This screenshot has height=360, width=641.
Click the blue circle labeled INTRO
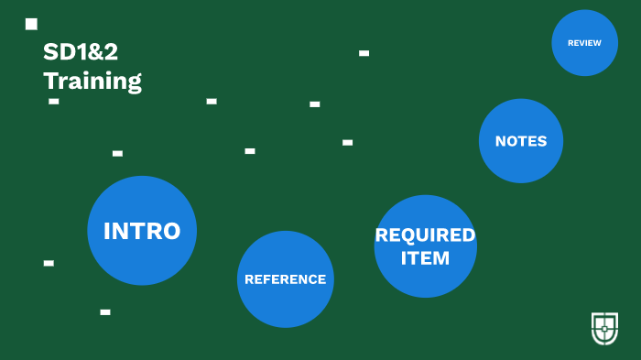[x=142, y=230]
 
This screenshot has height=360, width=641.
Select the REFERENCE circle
[x=285, y=279]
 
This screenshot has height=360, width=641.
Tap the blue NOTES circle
[x=520, y=141]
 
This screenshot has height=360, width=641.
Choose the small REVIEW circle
[x=584, y=43]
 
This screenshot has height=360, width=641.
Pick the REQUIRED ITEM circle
[x=425, y=246]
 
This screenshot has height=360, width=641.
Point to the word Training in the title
[x=92, y=81]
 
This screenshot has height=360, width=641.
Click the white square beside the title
[x=31, y=24]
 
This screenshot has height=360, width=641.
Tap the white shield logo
[x=604, y=328]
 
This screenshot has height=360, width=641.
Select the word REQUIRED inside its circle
[x=425, y=235]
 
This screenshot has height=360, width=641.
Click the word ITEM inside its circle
[x=425, y=258]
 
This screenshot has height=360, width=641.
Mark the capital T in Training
[x=50, y=81]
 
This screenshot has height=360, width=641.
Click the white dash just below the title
[x=54, y=101]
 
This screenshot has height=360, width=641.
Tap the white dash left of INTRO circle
[x=49, y=263]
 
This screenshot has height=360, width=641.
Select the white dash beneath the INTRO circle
[x=105, y=312]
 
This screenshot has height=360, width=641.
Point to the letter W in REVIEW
[x=597, y=43]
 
